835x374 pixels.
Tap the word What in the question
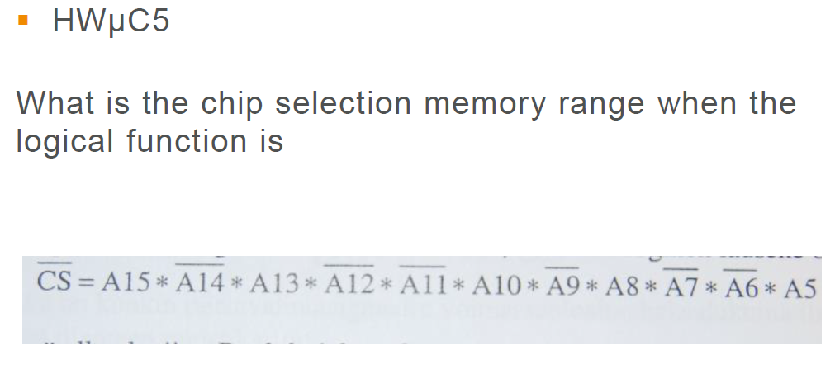click(x=56, y=104)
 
